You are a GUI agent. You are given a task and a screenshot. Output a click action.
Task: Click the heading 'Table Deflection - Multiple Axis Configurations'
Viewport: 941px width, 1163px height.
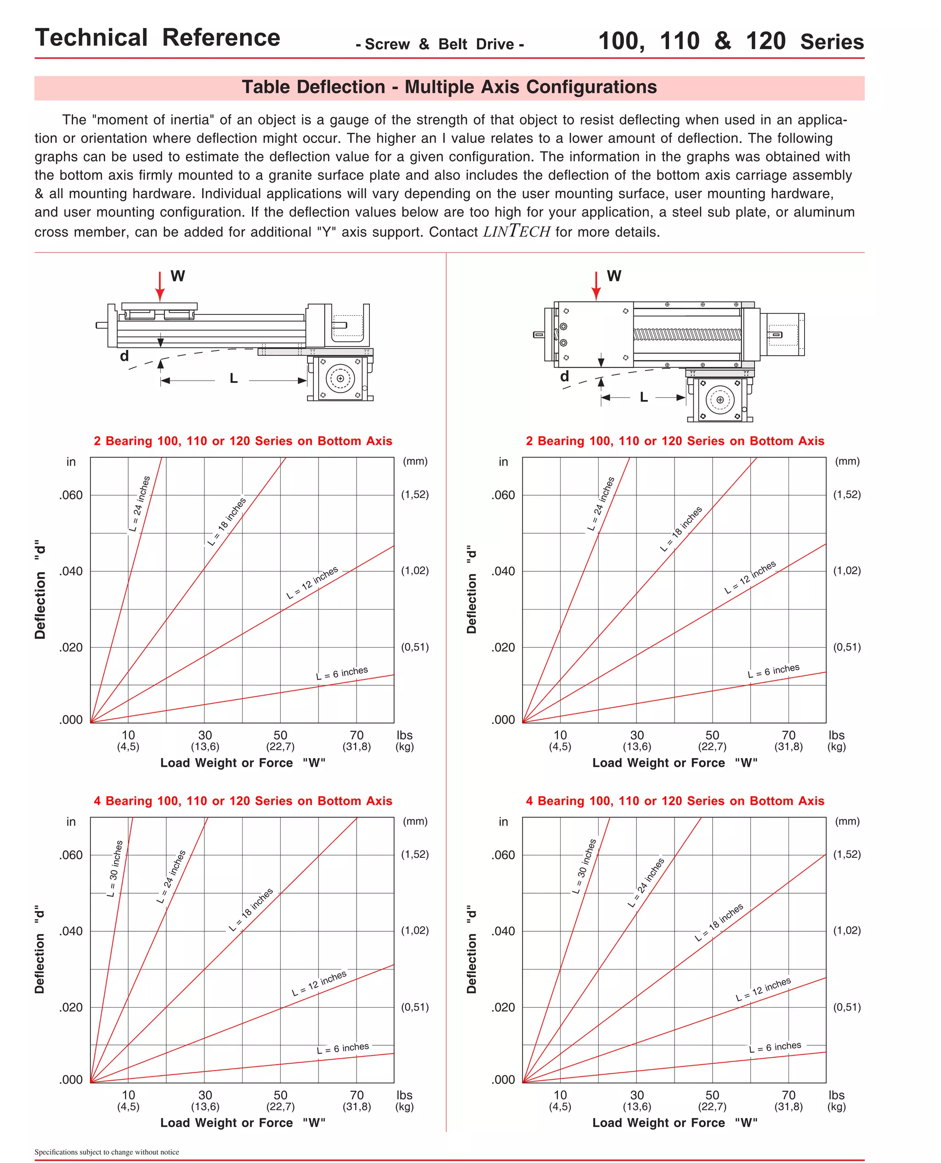[449, 87]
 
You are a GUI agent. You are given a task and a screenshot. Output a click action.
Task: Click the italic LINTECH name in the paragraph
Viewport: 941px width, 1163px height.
[516, 232]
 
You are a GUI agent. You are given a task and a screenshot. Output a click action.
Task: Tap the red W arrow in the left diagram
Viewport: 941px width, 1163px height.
[160, 286]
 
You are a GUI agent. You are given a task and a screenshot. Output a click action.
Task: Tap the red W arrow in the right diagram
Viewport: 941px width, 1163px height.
[596, 286]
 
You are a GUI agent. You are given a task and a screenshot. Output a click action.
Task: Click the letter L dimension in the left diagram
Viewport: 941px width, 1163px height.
[233, 378]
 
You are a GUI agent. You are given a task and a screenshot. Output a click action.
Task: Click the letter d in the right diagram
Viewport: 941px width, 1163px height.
[564, 376]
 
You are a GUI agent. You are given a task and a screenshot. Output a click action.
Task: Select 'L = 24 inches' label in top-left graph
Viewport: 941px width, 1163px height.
[140, 504]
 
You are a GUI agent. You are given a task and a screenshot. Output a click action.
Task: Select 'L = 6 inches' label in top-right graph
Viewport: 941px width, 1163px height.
[773, 671]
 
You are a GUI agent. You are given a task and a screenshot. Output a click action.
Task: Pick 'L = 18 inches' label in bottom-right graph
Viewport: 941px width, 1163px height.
[719, 922]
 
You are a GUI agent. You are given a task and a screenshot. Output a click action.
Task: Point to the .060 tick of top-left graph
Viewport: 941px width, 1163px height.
[71, 495]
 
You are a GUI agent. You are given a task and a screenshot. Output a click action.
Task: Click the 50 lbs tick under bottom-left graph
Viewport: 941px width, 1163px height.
[280, 1095]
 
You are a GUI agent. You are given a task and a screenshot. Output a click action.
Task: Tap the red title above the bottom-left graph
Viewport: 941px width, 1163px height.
[243, 801]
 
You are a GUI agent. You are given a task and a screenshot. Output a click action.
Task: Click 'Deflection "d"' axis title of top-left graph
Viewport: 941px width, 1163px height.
[40, 589]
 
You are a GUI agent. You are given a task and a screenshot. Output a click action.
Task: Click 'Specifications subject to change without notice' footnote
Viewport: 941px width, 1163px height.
[107, 1152]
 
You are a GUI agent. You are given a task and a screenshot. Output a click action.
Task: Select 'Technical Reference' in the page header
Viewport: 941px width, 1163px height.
[158, 38]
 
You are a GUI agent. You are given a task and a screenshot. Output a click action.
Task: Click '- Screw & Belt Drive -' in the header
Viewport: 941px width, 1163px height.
[440, 45]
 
